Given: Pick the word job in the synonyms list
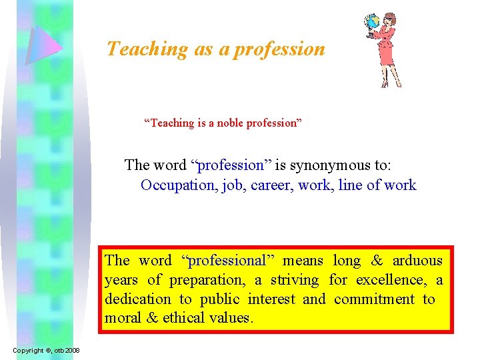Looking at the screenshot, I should coord(233,185).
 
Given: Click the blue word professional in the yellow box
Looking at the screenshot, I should coord(226,261).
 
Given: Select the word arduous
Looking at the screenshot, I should coord(417,261).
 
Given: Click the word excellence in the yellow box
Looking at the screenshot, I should coord(390,280).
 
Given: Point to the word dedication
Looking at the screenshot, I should coord(137,299).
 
